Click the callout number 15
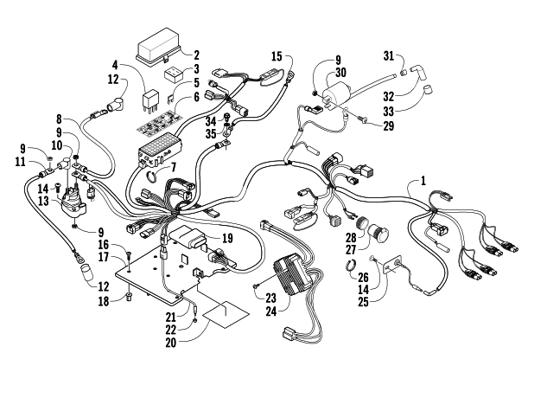point(277,56)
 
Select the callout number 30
point(341,73)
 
